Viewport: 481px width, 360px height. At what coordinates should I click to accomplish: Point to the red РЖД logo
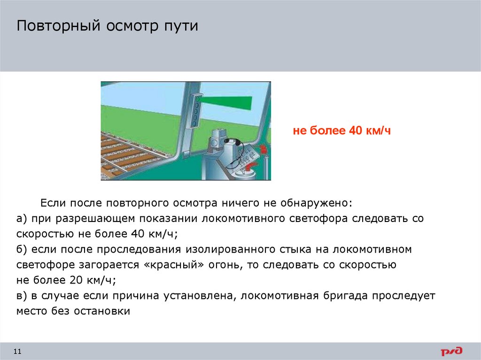coord(451,351)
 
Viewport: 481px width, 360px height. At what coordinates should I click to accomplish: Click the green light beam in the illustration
coord(228,101)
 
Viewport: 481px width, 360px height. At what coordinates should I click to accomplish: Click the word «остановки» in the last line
coord(101,311)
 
